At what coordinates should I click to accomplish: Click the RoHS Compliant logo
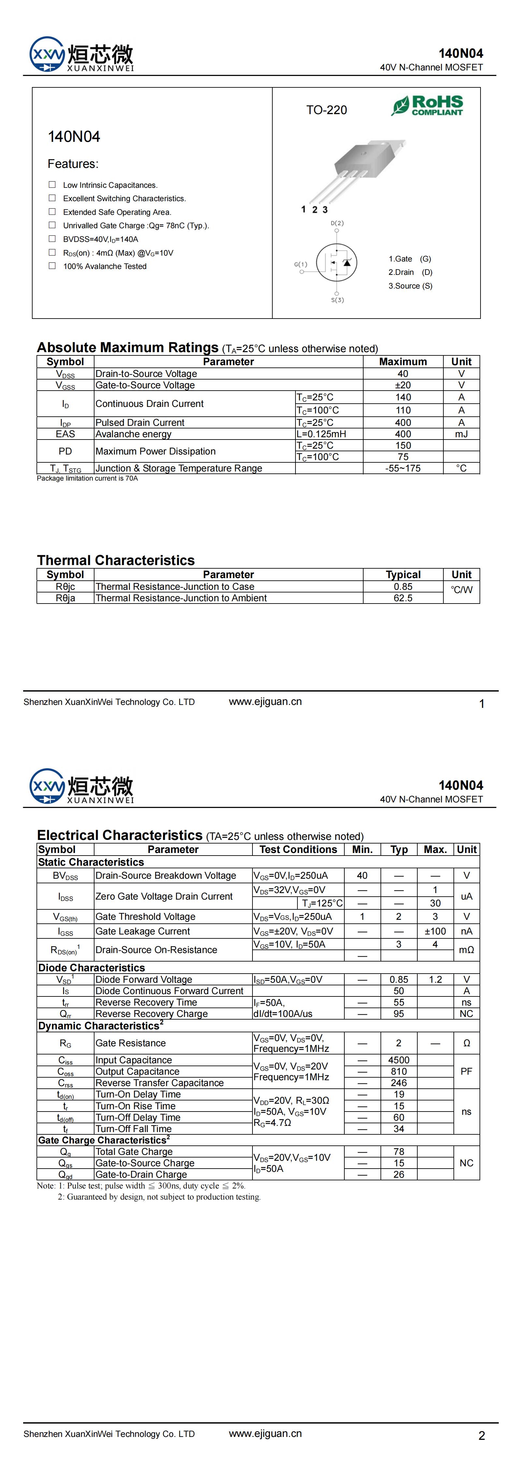pos(427,106)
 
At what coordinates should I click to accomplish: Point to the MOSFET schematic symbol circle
pos(336,262)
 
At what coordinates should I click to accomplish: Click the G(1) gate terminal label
pos(301,264)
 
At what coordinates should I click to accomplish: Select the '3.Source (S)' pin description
pos(410,286)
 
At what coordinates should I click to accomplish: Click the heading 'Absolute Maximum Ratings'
pos(128,347)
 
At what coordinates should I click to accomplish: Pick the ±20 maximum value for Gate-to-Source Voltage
pos(403,385)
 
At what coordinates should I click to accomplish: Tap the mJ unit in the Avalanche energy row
pos(461,434)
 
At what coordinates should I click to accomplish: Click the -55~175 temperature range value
pos(403,468)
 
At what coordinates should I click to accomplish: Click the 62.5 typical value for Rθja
pos(403,598)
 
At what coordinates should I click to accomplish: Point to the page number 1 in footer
pos(482,704)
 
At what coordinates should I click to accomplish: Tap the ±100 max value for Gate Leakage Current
pos(435,931)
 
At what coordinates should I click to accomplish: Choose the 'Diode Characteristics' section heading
pos(92,967)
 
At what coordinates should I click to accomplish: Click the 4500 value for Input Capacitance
pos(399,1060)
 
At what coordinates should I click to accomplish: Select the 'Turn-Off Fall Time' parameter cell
pos(134,1129)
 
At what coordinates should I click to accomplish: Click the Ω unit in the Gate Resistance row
pos(467,1043)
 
